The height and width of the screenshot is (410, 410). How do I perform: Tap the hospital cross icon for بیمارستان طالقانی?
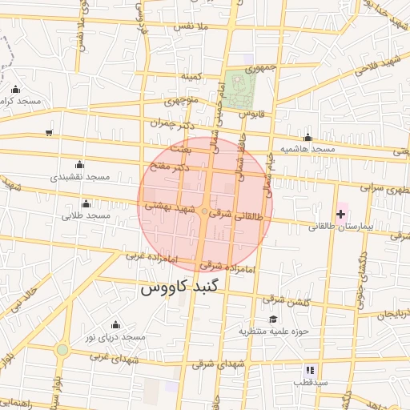click(x=341, y=214)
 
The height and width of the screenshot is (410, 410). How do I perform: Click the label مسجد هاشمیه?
click(x=307, y=150)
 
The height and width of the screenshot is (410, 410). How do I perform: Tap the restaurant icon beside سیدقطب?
click(x=309, y=370)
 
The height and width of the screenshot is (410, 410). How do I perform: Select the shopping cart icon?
click(x=50, y=132)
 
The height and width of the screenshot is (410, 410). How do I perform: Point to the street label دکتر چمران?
click(x=171, y=126)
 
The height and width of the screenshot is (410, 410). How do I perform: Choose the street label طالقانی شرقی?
click(x=235, y=214)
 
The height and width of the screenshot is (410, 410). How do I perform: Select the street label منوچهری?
click(x=181, y=102)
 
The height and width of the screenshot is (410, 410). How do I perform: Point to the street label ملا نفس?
click(x=191, y=27)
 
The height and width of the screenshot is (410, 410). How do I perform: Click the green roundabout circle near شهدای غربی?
click(x=62, y=350)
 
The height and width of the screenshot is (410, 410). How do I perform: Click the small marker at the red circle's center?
click(x=205, y=211)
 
